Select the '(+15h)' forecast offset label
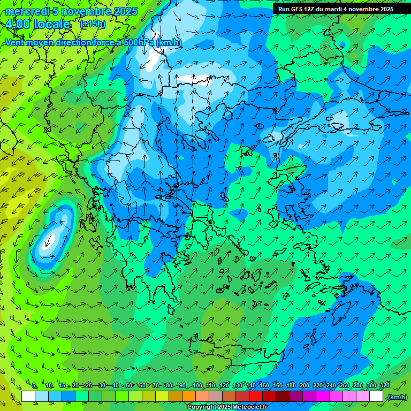click(x=93, y=24)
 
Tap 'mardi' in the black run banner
click(x=337, y=9)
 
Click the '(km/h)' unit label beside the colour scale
click(x=397, y=397)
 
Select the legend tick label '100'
click(x=197, y=385)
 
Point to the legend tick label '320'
click(x=385, y=385)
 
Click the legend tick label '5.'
click(x=35, y=385)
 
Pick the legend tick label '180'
click(x=291, y=385)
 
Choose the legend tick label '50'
click(x=129, y=385)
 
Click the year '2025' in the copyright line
click(x=225, y=407)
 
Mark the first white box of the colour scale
click(x=28, y=397)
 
